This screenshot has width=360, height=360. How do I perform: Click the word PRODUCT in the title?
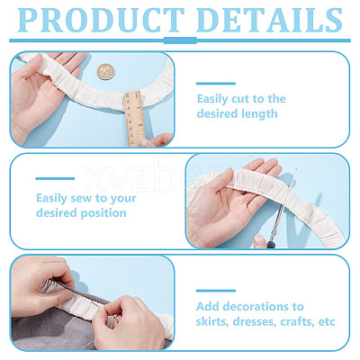(x=101, y=20)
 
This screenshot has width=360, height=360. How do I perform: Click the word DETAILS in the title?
(x=269, y=20)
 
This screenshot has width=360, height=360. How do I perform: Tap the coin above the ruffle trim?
(x=105, y=72)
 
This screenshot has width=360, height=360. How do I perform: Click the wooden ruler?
(x=134, y=119)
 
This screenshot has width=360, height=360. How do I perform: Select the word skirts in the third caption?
(x=212, y=322)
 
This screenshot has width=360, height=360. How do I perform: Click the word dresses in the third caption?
(x=255, y=322)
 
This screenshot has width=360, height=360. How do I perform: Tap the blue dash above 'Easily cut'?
(x=216, y=84)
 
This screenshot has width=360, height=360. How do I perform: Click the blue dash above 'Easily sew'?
(x=55, y=178)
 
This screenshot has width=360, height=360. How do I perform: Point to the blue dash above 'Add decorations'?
(x=216, y=291)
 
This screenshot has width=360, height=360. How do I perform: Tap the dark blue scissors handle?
(x=271, y=242)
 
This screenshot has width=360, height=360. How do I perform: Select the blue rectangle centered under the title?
(x=180, y=40)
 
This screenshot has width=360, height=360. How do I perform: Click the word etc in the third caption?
(x=327, y=322)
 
